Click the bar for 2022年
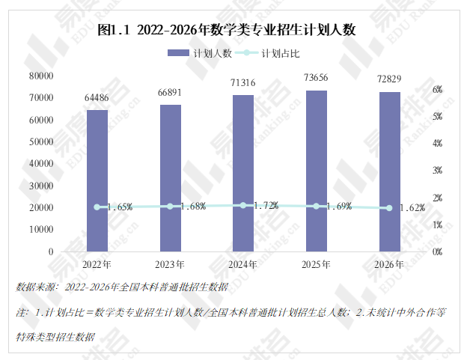click(x=97, y=180)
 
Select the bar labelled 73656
click(x=317, y=171)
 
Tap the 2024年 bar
click(x=243, y=174)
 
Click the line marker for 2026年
click(x=389, y=208)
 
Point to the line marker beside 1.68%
click(x=170, y=207)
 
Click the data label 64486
click(x=97, y=97)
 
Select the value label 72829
click(x=389, y=79)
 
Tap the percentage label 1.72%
click(x=266, y=205)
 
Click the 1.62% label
click(x=412, y=208)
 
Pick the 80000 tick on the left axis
click(x=41, y=76)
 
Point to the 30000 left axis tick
click(x=41, y=186)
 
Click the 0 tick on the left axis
click(x=51, y=252)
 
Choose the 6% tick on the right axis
click(x=438, y=89)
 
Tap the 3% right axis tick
click(x=438, y=171)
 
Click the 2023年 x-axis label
click(x=170, y=264)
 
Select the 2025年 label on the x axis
click(x=316, y=264)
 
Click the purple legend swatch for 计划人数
click(x=178, y=53)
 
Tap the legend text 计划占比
click(x=281, y=54)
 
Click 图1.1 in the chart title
click(x=114, y=30)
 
